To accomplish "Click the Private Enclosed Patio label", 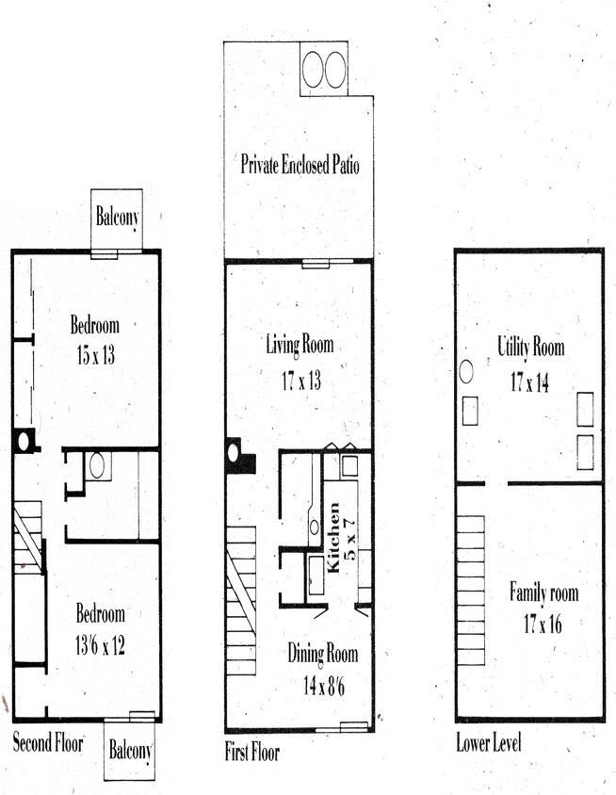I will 300,166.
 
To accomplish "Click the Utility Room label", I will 531,347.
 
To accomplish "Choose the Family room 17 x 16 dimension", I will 543,623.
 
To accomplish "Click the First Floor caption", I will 251,753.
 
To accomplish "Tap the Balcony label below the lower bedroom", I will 129,752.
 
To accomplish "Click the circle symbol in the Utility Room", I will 465,371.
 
